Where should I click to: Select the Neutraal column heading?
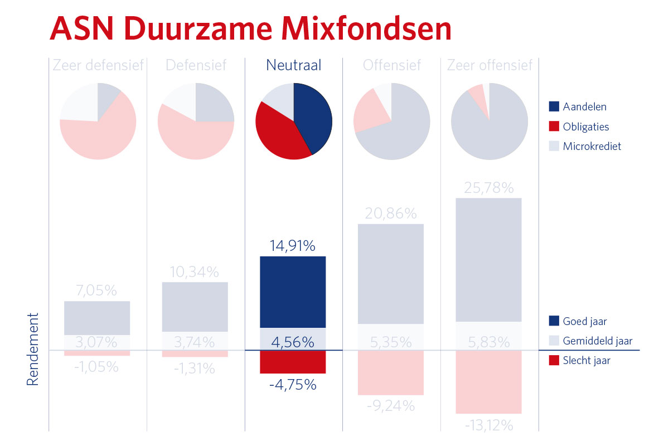coord(293,65)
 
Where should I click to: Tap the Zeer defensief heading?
coord(98,65)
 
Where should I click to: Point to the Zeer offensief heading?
coord(489,65)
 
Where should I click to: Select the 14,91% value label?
coord(293,246)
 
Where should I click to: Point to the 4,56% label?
coord(293,342)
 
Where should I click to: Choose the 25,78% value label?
coord(489,188)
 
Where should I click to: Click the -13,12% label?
coord(489,426)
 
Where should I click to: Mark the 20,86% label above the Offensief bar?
coord(391,214)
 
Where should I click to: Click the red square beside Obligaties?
coord(554,127)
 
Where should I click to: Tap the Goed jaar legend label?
coord(585,321)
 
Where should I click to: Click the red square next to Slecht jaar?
coord(554,361)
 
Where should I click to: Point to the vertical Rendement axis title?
coord(33,349)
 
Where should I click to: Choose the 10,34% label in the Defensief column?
coord(195,273)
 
